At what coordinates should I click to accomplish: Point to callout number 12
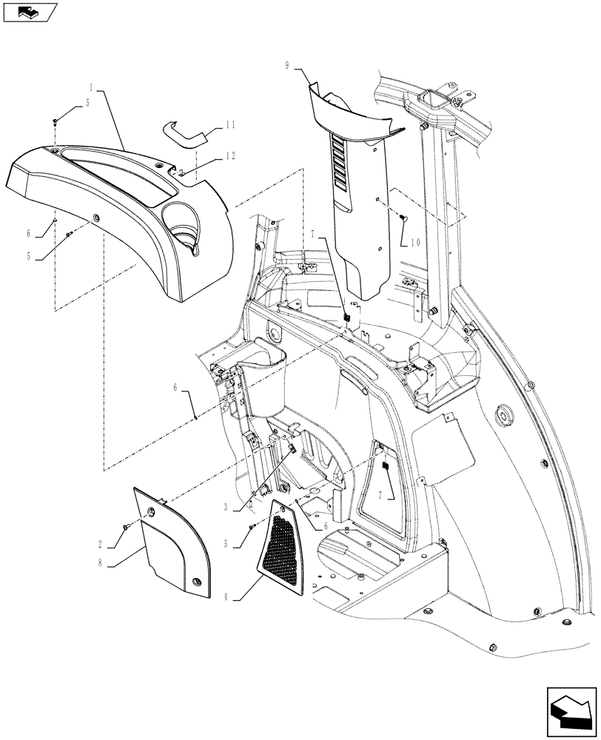231,156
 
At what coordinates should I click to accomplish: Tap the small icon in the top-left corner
28,11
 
